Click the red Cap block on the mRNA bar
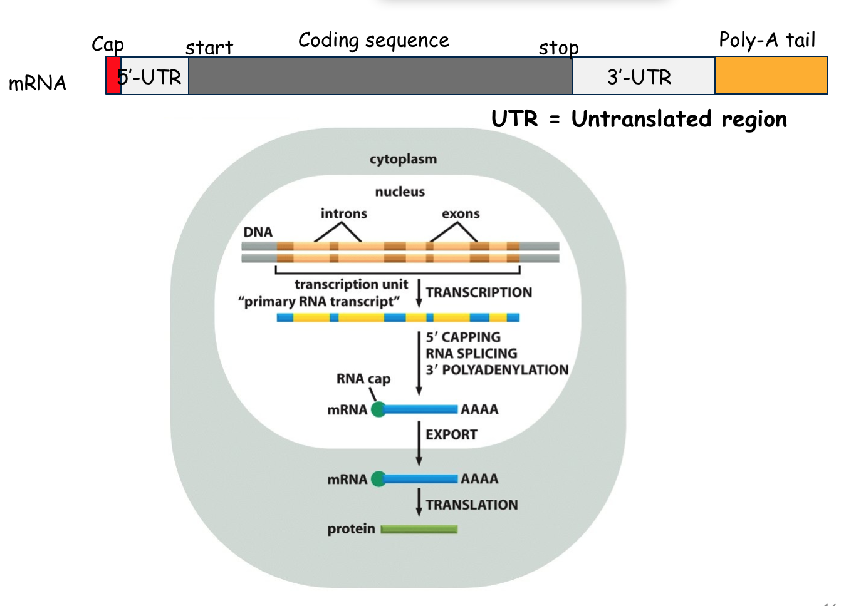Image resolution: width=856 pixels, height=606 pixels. click(113, 76)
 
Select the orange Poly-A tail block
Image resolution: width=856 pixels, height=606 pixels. click(771, 76)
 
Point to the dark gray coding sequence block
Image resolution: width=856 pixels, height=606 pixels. click(380, 76)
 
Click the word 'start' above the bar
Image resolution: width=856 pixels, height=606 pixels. click(209, 48)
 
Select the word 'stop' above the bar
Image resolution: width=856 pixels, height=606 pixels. click(558, 48)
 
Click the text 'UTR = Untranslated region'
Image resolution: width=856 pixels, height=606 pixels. click(639, 119)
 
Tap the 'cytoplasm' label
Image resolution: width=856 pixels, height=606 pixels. click(403, 159)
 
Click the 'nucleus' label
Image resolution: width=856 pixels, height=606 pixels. click(400, 192)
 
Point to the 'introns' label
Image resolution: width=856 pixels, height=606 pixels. click(343, 213)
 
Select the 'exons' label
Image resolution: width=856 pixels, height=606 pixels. click(461, 213)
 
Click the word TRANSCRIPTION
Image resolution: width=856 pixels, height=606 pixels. click(479, 292)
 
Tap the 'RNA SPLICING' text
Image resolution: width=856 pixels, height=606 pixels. click(471, 354)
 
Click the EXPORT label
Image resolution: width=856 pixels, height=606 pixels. click(451, 434)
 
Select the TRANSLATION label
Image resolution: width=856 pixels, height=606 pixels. click(472, 505)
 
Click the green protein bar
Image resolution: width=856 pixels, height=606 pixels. click(419, 530)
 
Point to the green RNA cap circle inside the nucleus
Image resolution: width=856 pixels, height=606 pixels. click(378, 409)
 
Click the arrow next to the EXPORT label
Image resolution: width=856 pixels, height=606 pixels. click(419, 443)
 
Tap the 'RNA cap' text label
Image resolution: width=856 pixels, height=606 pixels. click(363, 379)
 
